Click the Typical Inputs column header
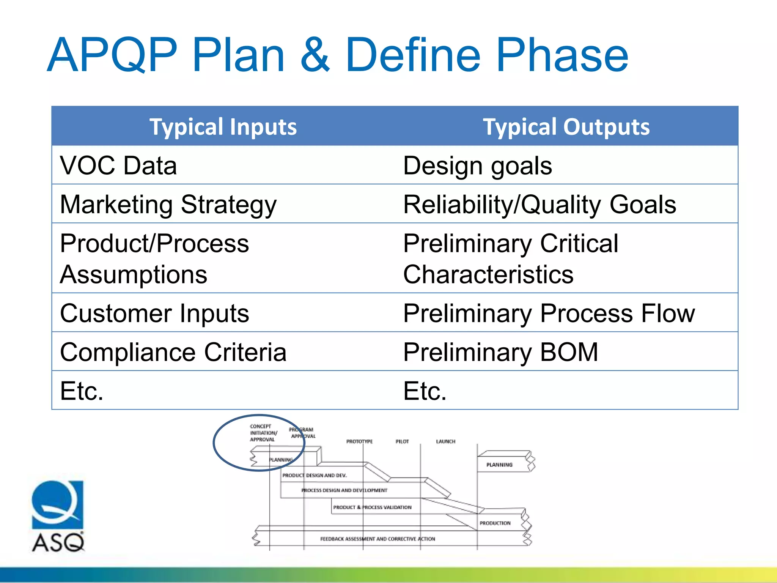[223, 127]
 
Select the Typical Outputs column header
[566, 127]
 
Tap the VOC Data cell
[118, 166]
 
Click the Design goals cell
[477, 166]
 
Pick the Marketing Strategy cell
[168, 205]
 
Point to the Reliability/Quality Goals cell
[539, 205]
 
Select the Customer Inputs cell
[154, 314]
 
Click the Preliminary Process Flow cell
[549, 314]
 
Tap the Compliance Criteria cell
[173, 352]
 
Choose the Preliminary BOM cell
[500, 352]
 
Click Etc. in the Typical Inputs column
[82, 391]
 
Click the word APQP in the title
[112, 55]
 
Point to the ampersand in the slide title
[315, 55]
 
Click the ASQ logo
[58, 516]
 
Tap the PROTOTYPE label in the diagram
[359, 441]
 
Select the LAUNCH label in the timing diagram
[445, 441]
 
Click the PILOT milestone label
[402, 441]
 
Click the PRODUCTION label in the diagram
[495, 523]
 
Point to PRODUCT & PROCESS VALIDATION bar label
[372, 507]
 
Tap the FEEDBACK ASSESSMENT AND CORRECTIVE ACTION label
[377, 539]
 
